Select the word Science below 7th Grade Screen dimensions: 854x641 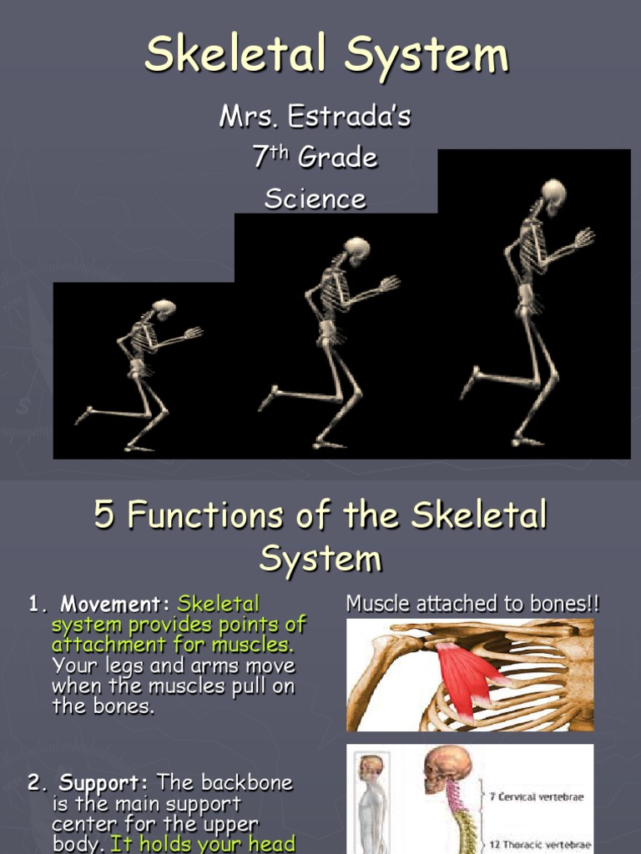click(315, 198)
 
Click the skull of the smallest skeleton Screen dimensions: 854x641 click(164, 309)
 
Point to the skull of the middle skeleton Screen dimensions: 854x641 click(357, 248)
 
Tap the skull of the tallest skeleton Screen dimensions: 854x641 click(553, 193)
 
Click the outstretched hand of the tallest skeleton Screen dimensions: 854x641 click(584, 237)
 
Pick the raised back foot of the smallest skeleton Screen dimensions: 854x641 click(84, 414)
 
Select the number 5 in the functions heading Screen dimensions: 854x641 click(103, 515)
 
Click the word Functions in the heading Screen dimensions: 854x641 click(199, 515)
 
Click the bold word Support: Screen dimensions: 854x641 click(104, 783)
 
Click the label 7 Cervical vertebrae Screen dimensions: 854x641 click(537, 796)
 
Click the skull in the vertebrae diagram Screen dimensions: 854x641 click(447, 768)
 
